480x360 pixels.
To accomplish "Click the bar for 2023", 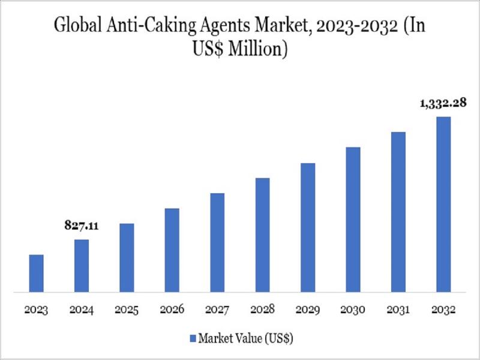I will pyautogui.click(x=36, y=274).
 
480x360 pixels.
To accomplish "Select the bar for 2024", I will pyautogui.click(x=82, y=266).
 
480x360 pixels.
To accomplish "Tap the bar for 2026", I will pyautogui.click(x=172, y=250).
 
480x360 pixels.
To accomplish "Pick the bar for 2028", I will pyautogui.click(x=262, y=235).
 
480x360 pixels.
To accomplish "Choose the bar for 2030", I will pyautogui.click(x=353, y=220).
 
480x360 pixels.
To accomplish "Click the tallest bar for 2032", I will pyautogui.click(x=443, y=205).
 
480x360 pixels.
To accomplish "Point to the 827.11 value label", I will pyautogui.click(x=81, y=226).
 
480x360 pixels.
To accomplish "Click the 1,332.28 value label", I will pyautogui.click(x=443, y=103).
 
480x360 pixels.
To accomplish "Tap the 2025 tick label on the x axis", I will pyautogui.click(x=127, y=310).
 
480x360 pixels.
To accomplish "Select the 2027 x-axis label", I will pyautogui.click(x=217, y=310).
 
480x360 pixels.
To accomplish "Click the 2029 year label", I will pyautogui.click(x=308, y=310).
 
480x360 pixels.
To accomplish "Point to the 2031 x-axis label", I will pyautogui.click(x=398, y=310).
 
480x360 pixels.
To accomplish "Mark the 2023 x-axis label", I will pyautogui.click(x=36, y=310).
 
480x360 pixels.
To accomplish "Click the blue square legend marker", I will pyautogui.click(x=193, y=338).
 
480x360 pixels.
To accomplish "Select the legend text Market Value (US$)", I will pyautogui.click(x=245, y=338).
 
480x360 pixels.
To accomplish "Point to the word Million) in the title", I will pyautogui.click(x=262, y=49).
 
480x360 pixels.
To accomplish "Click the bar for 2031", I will pyautogui.click(x=398, y=212).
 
